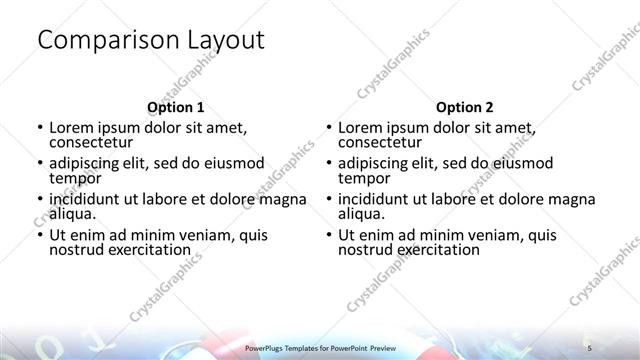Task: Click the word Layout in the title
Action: coord(226,41)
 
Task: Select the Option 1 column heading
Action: coord(175,107)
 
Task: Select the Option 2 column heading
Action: coord(464,107)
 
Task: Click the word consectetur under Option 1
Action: coord(93,144)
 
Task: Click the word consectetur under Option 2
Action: coord(382,144)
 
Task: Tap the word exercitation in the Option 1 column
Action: coord(147,249)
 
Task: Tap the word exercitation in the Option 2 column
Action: coord(436,249)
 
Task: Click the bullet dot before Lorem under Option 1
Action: coord(39,128)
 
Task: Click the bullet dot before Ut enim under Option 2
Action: coord(328,234)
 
